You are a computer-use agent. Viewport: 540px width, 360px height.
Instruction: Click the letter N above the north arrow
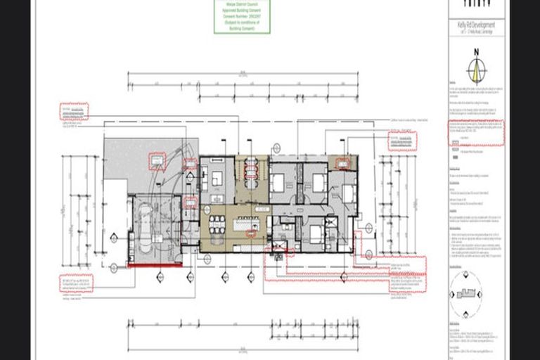(x=476, y=52)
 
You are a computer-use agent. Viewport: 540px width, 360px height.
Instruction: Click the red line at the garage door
(x=154, y=265)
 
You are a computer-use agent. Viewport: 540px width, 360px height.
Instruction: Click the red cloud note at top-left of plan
(x=74, y=112)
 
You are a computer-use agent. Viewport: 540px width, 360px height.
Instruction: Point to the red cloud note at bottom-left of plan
(x=76, y=283)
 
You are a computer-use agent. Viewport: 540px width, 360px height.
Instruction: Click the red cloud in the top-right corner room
(x=342, y=163)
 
